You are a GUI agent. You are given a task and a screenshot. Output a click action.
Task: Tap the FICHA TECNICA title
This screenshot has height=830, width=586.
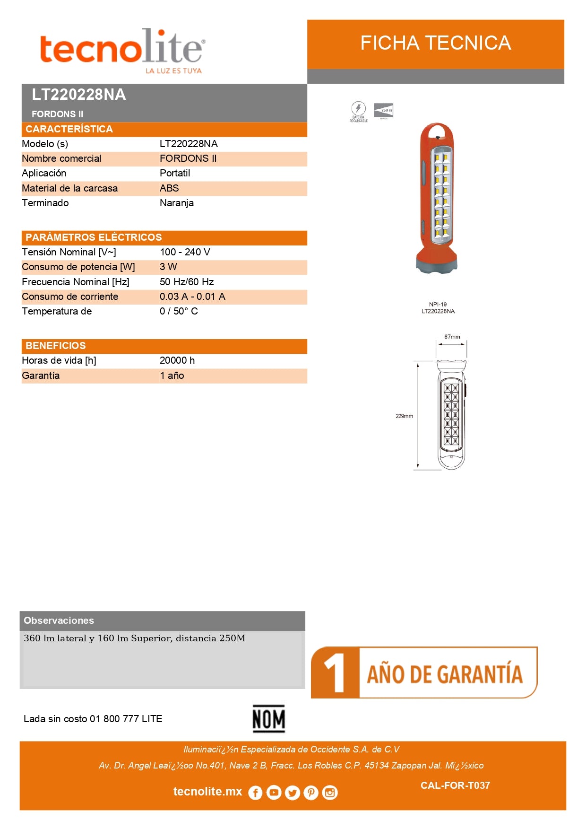click(435, 43)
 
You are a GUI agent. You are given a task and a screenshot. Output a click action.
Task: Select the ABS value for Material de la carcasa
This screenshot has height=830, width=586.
click(169, 188)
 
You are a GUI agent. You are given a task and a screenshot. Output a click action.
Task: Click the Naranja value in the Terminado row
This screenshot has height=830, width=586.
click(177, 203)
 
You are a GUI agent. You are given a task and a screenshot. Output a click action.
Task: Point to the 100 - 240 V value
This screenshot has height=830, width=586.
click(185, 252)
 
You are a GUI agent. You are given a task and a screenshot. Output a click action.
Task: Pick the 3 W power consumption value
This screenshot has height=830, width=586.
click(168, 267)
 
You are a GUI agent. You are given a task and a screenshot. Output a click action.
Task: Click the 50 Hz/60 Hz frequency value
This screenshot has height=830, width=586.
click(187, 282)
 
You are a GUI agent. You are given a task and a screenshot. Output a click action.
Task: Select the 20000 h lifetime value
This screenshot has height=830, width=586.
click(177, 360)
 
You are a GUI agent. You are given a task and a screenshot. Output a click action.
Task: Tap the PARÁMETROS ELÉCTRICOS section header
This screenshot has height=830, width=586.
click(94, 237)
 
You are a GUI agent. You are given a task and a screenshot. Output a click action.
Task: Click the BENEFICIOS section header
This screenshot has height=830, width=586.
click(56, 346)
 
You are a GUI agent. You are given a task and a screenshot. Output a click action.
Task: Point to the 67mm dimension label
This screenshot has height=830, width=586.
click(452, 337)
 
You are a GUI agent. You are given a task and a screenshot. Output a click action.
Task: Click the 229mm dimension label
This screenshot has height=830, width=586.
click(404, 416)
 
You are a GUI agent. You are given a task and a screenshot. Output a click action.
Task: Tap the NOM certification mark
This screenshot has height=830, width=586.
click(268, 719)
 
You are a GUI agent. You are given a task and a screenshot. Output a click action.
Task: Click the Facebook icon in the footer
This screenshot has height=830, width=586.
click(255, 793)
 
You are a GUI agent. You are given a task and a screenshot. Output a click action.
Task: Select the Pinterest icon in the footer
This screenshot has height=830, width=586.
click(311, 793)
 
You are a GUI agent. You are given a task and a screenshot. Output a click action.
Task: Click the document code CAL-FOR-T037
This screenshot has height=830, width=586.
click(455, 786)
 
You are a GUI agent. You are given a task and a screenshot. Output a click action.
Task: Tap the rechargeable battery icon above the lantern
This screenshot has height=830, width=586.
click(358, 109)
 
